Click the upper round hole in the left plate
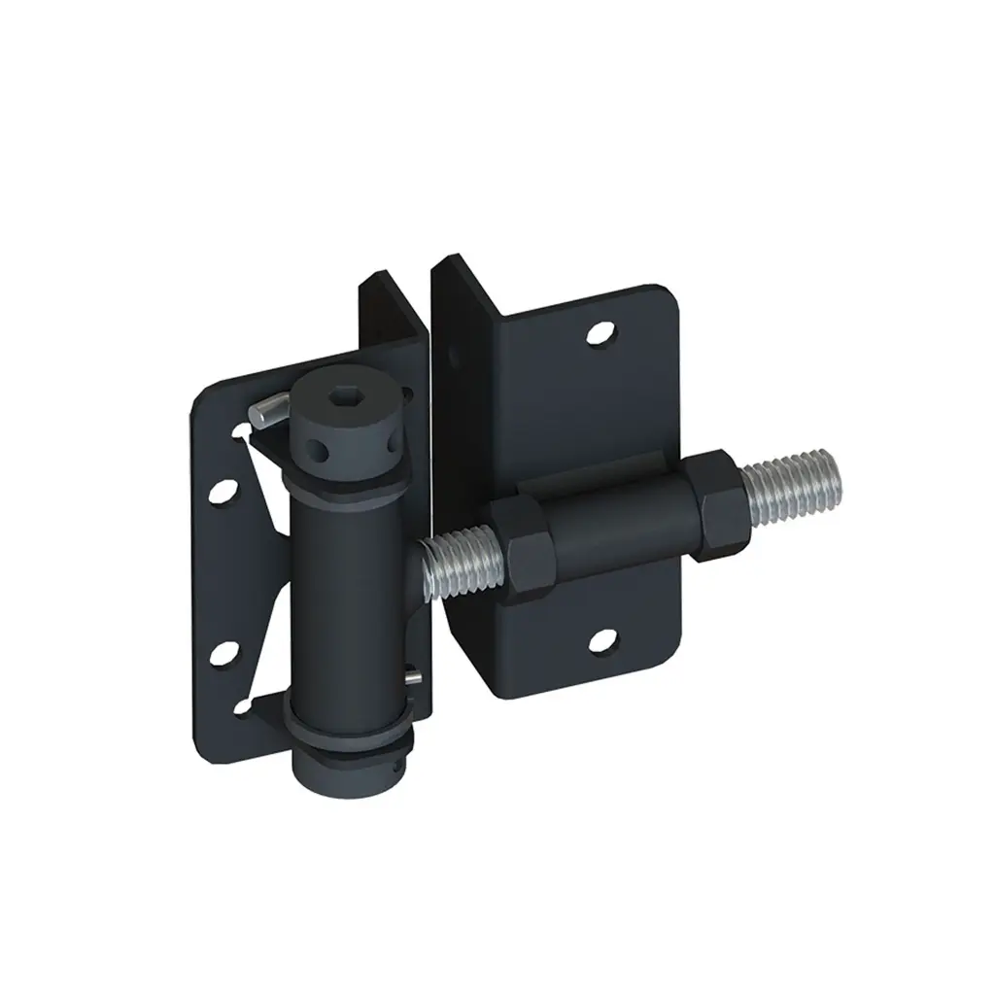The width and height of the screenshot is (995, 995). (x=222, y=487)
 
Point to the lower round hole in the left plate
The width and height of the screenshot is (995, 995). (x=222, y=651)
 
